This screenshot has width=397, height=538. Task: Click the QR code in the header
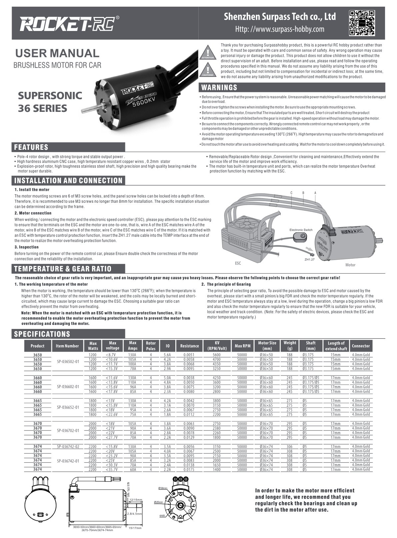coord(361,23)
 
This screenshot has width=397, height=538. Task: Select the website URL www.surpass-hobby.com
coord(280,29)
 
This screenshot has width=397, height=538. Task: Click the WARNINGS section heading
coord(220,88)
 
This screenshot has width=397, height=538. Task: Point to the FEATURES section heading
coord(31,147)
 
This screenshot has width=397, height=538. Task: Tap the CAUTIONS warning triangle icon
coord(207,70)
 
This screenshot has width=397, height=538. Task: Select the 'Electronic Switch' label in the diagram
coord(301,230)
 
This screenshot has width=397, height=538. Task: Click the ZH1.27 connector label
coord(309,259)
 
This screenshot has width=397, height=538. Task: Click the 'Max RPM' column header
coord(242,346)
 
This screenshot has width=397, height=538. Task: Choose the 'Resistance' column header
coord(189,346)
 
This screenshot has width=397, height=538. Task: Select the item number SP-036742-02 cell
coord(68,446)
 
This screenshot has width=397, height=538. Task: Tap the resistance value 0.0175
coord(189,469)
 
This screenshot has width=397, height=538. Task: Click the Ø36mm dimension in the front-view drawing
coord(163,488)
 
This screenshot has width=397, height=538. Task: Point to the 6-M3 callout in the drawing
coord(163,516)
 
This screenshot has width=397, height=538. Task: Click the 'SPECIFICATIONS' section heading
coord(42,334)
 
